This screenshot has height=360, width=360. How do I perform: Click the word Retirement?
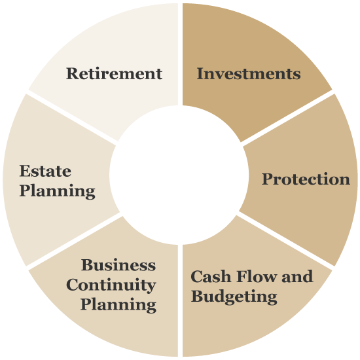[114, 74]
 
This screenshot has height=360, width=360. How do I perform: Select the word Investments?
[249, 74]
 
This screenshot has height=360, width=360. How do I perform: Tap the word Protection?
[306, 179]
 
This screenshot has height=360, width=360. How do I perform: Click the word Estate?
[45, 171]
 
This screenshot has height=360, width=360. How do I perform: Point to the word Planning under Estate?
[58, 191]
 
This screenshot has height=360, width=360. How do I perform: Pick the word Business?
[118, 265]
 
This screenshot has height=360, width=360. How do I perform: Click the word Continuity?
[111, 285]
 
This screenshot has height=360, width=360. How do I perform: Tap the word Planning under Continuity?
[118, 305]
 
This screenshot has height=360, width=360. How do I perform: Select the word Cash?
[211, 276]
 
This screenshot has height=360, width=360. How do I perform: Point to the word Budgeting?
[234, 297]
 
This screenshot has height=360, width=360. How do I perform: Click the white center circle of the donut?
[179, 175]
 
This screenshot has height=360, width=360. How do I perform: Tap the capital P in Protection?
[268, 179]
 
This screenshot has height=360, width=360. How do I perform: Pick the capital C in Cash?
[196, 276]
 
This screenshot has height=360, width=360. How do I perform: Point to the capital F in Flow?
[242, 276]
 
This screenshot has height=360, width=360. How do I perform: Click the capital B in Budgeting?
[197, 296]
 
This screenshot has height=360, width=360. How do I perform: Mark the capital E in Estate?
[26, 171]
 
